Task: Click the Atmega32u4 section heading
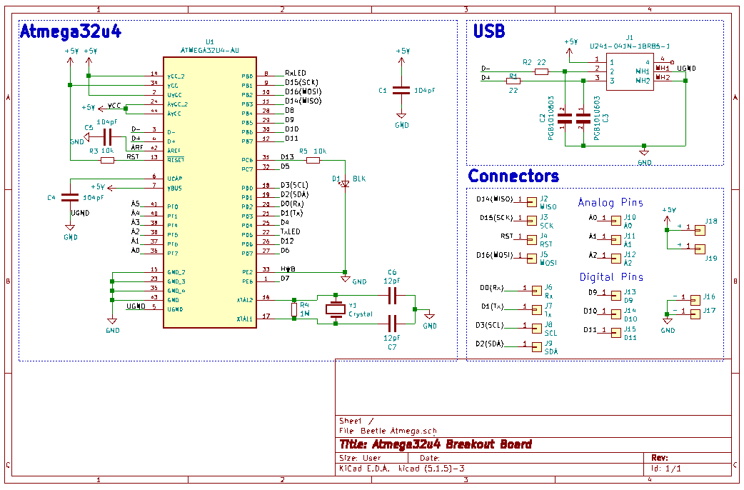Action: pyautogui.click(x=70, y=32)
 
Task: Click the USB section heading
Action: pyautogui.click(x=489, y=31)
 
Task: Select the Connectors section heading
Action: pyautogui.click(x=513, y=176)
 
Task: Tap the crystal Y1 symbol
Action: pyautogui.click(x=336, y=309)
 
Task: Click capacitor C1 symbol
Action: pyautogui.click(x=402, y=91)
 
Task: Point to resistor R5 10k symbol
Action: pyautogui.click(x=313, y=160)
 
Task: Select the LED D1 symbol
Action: pyautogui.click(x=345, y=184)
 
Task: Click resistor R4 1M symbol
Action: pyautogui.click(x=294, y=309)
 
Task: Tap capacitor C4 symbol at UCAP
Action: pyautogui.click(x=70, y=197)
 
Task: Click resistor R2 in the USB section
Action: pyautogui.click(x=541, y=71)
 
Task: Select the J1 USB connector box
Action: pyautogui.click(x=629, y=71)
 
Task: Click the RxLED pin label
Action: pyautogui.click(x=295, y=74)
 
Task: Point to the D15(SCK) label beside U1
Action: pyautogui.click(x=301, y=83)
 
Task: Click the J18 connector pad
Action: pyautogui.click(x=699, y=229)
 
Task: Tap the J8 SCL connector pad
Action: pyautogui.click(x=536, y=327)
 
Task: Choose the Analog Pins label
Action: pyautogui.click(x=610, y=203)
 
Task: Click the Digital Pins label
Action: pyautogui.click(x=610, y=277)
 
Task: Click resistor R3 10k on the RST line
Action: pyautogui.click(x=107, y=160)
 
